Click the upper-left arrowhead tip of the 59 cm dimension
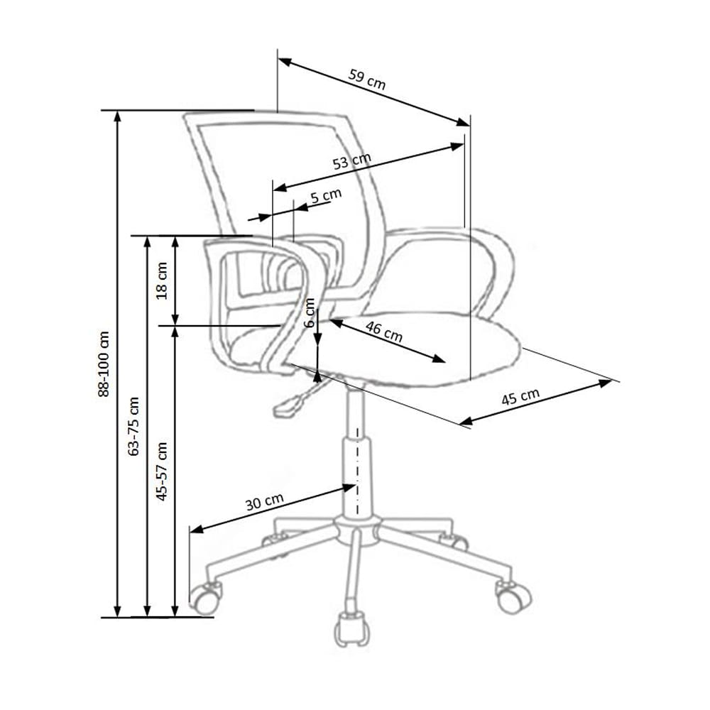coord(278,58)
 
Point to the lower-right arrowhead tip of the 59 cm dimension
coord(469,126)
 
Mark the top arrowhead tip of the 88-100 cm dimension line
coord(117,111)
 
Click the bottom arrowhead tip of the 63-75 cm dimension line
coord(147,616)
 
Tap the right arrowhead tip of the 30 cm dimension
coord(356,486)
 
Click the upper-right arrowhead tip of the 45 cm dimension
coord(612,381)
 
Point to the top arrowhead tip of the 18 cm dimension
coord(175,236)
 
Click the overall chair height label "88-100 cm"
coord(104,364)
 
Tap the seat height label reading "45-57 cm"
coord(161,471)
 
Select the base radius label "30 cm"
coord(264,501)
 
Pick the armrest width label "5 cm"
coord(326,196)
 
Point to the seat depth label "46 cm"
coord(384,332)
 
